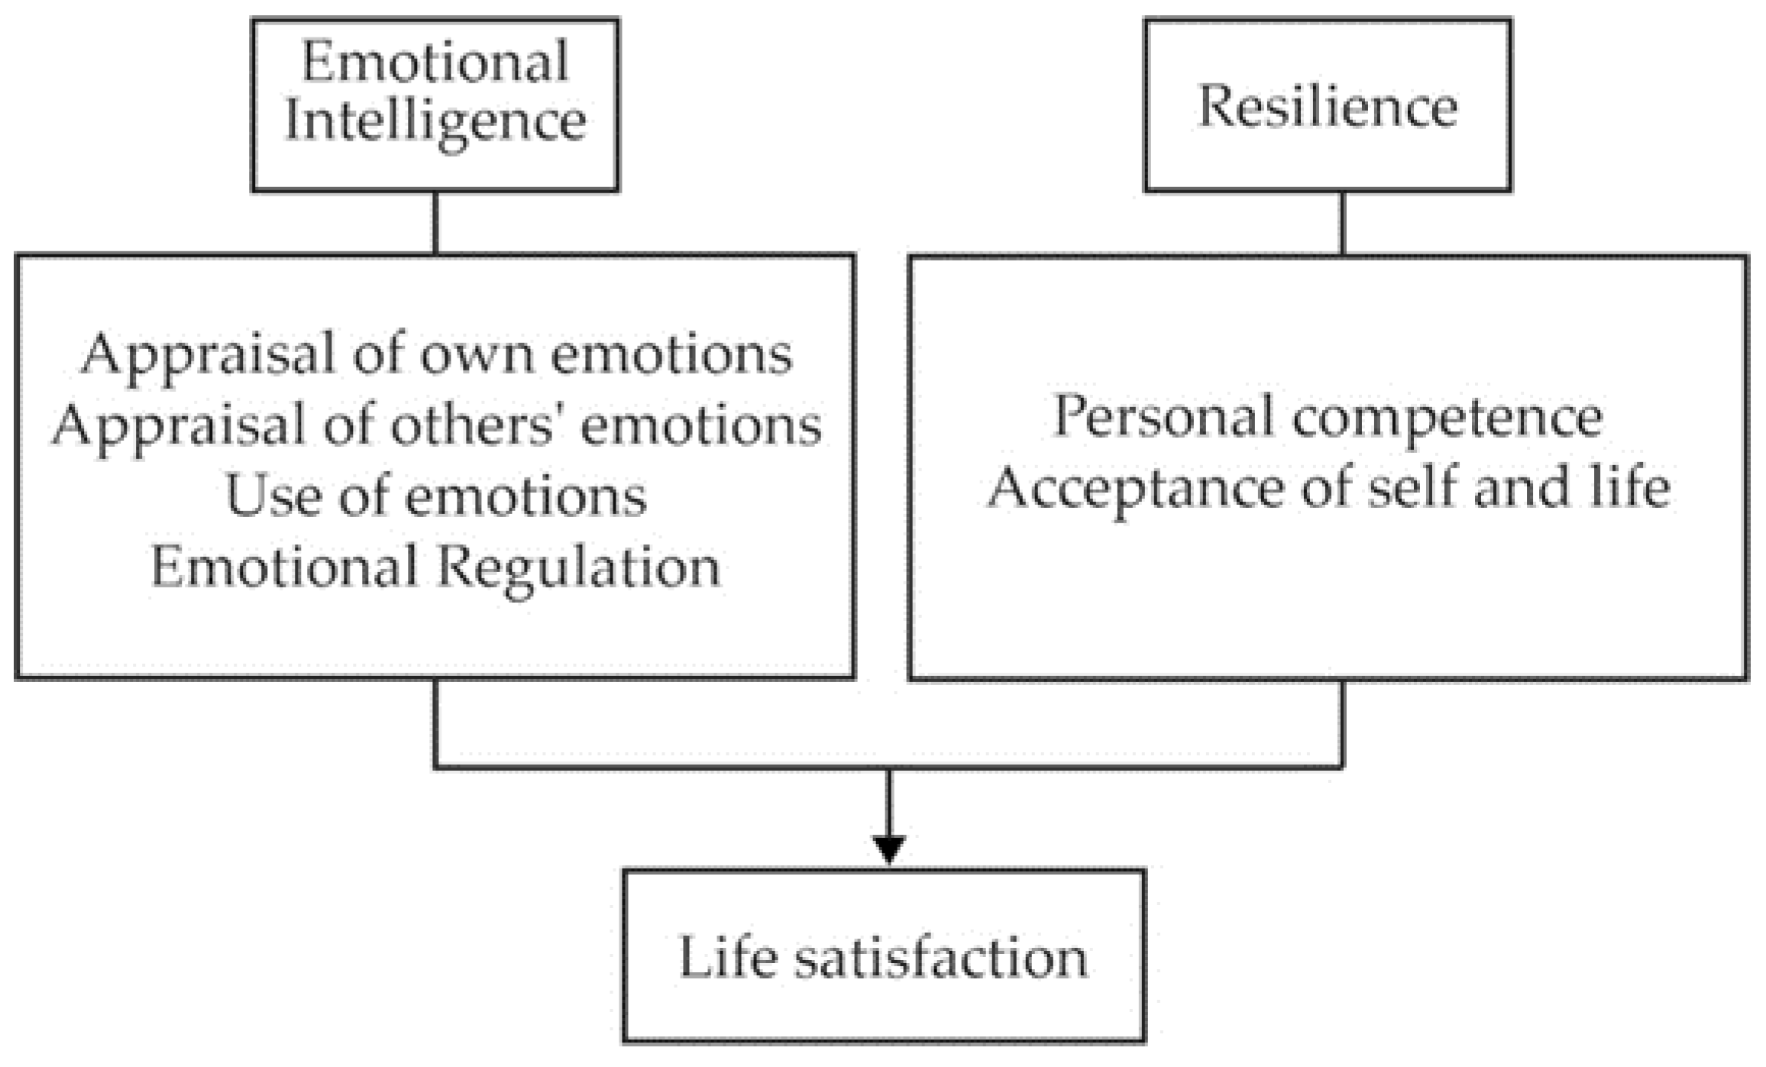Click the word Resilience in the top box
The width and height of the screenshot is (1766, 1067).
point(1328,107)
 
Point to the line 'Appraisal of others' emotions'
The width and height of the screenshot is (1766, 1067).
point(437,425)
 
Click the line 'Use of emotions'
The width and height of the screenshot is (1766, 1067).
point(436,496)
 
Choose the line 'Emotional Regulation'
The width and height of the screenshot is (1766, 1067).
point(435,567)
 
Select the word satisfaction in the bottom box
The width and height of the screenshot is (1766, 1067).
point(940,958)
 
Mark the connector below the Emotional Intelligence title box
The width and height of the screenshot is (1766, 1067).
point(435,223)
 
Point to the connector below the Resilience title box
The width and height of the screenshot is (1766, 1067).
point(1342,223)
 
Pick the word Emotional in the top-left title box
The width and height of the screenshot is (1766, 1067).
point(435,63)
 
